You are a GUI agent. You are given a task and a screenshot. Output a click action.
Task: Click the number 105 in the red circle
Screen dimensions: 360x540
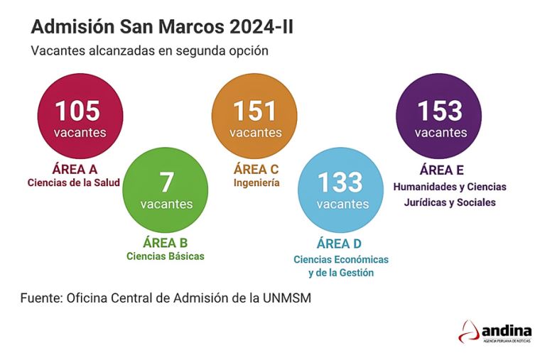(78, 111)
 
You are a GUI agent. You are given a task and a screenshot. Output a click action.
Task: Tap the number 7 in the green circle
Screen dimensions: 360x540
(166, 182)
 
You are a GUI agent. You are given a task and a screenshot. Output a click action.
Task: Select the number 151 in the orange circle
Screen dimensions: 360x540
(255, 111)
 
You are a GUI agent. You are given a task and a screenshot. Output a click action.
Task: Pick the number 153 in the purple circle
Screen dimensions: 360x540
(440, 111)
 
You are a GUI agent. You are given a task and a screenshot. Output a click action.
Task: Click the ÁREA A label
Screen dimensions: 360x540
(75, 169)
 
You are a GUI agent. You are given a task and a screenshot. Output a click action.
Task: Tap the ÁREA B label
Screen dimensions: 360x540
(165, 242)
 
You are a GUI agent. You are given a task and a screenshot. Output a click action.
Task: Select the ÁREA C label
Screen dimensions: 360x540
(256, 169)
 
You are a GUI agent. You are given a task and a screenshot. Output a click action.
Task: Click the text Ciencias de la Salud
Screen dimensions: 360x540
(74, 183)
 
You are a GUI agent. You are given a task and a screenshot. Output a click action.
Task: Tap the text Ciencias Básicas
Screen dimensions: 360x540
(166, 256)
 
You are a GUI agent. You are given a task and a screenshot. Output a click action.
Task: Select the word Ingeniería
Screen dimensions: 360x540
(256, 183)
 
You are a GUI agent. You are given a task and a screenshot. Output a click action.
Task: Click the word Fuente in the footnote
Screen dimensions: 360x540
(40, 298)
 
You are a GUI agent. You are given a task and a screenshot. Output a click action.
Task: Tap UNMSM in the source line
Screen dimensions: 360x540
(287, 298)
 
